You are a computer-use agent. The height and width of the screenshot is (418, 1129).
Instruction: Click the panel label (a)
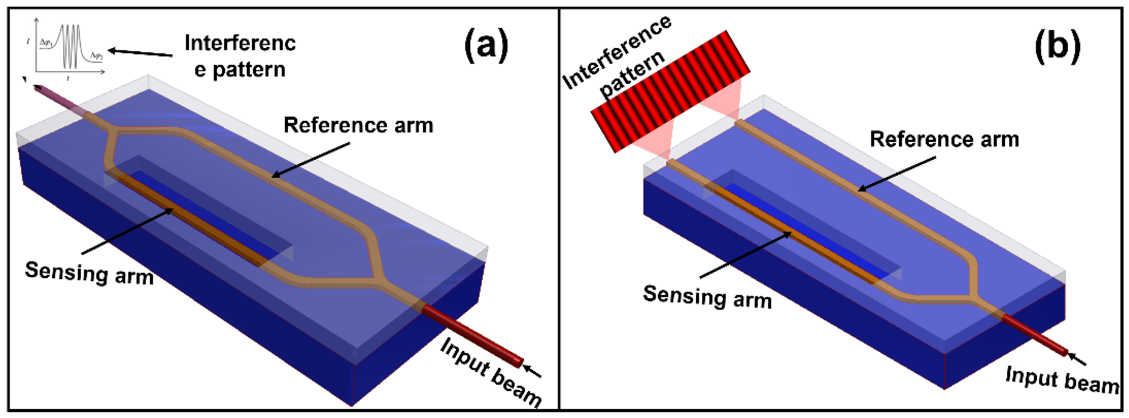[487, 45]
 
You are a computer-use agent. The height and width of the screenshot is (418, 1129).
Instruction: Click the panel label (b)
[1057, 45]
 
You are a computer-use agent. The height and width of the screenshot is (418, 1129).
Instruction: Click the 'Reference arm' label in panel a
[358, 125]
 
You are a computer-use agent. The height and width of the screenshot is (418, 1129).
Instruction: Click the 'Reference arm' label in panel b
[944, 139]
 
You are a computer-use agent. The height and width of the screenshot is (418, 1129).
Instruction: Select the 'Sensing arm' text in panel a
[90, 273]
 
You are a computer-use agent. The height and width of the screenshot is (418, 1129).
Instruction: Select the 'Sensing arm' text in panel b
[707, 297]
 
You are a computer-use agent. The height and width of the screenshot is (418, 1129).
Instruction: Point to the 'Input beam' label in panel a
[491, 372]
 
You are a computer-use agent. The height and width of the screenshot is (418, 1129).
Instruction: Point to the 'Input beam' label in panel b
[1062, 380]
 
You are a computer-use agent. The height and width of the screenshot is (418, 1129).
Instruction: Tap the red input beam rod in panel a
[473, 335]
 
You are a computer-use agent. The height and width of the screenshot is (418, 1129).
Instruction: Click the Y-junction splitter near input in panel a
[377, 276]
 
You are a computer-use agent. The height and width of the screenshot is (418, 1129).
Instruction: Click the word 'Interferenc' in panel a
[240, 43]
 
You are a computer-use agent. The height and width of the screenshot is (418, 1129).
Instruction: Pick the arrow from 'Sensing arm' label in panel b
[745, 255]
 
